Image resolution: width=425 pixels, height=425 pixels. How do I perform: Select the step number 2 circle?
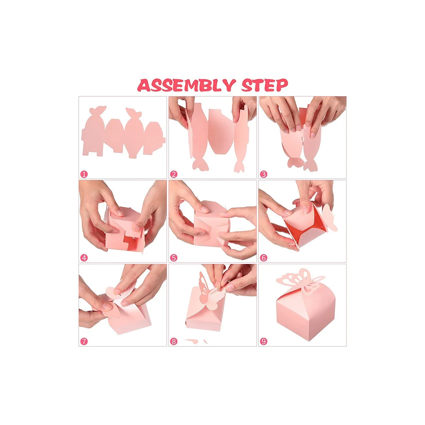[174, 174]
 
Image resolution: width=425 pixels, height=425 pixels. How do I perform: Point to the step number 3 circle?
[264, 174]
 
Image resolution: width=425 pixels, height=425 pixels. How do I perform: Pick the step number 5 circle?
[174, 258]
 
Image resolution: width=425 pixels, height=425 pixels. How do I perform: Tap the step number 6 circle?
[264, 258]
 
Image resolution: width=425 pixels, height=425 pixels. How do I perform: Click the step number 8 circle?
[174, 342]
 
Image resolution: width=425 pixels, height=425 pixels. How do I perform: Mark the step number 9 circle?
[264, 342]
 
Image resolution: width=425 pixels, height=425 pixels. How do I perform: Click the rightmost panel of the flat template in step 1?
[154, 138]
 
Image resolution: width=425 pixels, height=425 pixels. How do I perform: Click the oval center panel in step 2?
[221, 132]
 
